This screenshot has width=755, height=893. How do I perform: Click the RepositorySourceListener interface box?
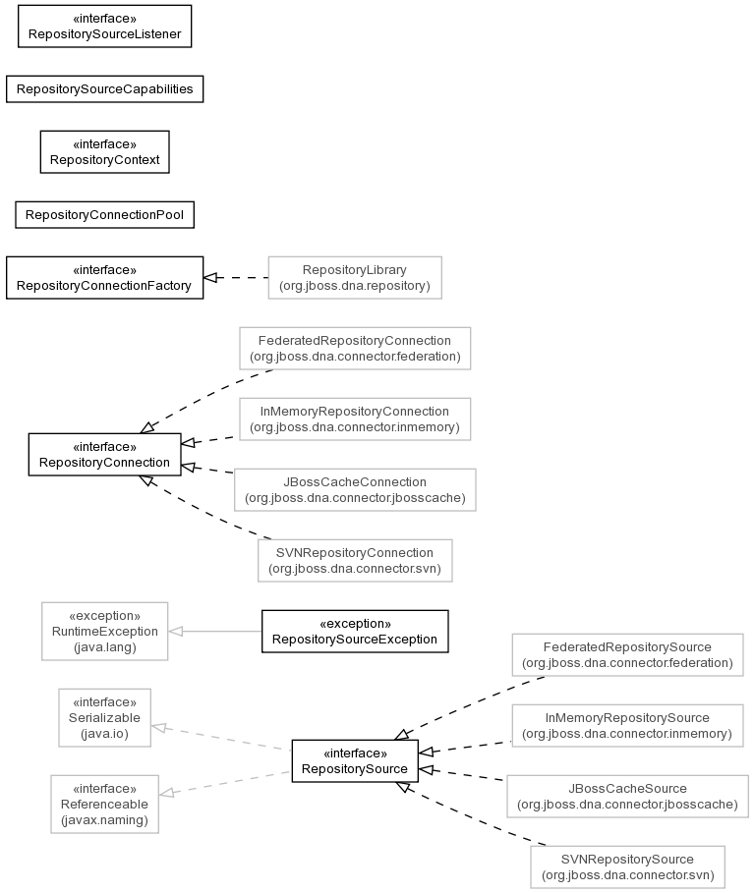(105, 27)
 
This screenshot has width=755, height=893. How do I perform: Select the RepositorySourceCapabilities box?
(105, 88)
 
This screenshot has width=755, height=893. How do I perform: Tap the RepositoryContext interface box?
(105, 152)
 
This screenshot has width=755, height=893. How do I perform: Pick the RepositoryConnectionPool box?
(105, 215)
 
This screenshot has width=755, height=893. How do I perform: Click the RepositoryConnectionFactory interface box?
(105, 277)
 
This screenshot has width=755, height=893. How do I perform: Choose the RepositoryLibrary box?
(355, 277)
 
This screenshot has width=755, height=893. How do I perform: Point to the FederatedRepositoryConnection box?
(355, 349)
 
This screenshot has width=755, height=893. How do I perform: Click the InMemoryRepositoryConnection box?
(355, 419)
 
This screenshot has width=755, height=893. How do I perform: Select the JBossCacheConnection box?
(355, 490)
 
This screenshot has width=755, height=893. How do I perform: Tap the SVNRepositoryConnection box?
(355, 560)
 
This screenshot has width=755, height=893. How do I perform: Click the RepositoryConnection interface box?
(105, 455)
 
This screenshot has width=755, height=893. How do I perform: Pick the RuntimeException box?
(105, 631)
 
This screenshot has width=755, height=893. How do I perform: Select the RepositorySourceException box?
(355, 631)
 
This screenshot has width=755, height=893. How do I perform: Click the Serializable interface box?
(105, 717)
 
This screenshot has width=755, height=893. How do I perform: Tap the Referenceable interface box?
(105, 805)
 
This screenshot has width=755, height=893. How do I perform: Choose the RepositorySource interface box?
(355, 761)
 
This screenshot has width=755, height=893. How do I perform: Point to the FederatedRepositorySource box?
(627, 655)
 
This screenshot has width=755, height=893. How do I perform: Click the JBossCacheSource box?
(627, 796)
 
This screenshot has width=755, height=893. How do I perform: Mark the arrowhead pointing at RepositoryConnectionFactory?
(210, 277)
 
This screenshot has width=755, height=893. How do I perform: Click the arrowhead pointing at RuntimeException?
(176, 631)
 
